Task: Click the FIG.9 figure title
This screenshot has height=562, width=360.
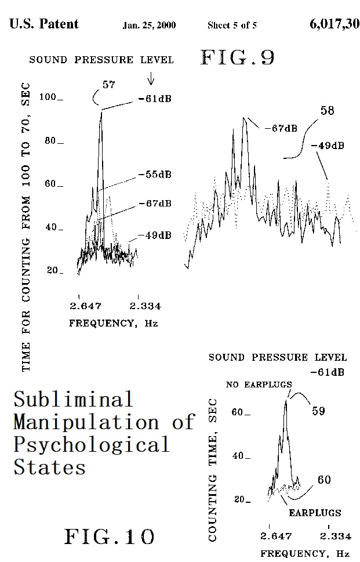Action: click(x=237, y=57)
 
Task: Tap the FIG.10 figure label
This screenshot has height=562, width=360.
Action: click(x=110, y=536)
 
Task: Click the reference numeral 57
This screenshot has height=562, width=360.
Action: click(x=108, y=85)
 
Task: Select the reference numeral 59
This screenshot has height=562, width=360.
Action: click(x=318, y=411)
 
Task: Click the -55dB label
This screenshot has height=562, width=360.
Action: click(x=155, y=175)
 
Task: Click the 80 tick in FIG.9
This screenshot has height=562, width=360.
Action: click(x=52, y=141)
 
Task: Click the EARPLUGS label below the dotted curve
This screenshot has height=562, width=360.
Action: click(x=315, y=513)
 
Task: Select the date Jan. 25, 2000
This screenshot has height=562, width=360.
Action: click(x=149, y=26)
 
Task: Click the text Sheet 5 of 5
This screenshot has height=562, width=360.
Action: click(x=232, y=26)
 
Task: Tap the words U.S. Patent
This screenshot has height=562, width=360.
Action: click(x=44, y=24)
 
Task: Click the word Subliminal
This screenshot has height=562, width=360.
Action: click(x=73, y=399)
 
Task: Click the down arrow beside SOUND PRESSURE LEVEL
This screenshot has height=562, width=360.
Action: click(x=151, y=77)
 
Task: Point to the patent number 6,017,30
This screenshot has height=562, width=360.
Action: click(x=334, y=24)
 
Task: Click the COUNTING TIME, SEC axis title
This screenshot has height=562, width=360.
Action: click(x=213, y=470)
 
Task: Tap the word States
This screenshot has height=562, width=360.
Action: click(x=49, y=466)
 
